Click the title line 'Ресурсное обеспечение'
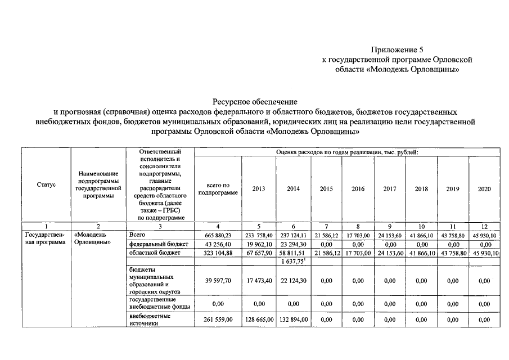[x=254, y=101]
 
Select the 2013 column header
[x=259, y=189]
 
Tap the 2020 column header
[x=484, y=189]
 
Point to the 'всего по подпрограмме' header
[x=218, y=189]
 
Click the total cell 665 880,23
[x=218, y=236]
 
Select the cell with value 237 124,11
[x=293, y=236]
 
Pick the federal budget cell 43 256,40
[x=218, y=245]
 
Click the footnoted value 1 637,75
[x=293, y=262]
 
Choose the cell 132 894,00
[x=293, y=319]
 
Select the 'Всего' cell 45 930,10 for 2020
[x=484, y=236]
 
